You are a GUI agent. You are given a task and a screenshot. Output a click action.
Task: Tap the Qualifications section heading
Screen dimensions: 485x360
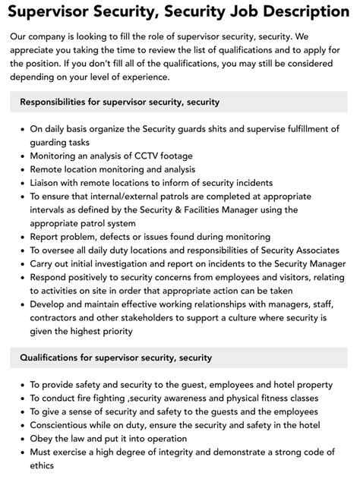coord(115,357)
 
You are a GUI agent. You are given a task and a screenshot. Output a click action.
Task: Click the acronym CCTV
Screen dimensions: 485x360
coord(140,155)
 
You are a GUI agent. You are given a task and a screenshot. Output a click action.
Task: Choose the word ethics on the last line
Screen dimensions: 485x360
coord(44,465)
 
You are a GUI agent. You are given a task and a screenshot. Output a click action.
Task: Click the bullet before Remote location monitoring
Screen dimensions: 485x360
coord(21,168)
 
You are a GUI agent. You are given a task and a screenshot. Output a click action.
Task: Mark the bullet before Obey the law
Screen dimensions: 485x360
coord(21,438)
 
